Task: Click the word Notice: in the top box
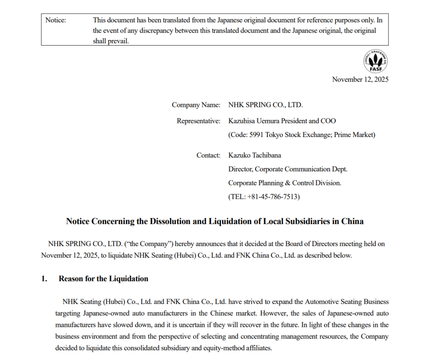tap(56, 20)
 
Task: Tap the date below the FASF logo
tap(360, 80)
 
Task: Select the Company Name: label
tap(196, 105)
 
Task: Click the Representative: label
tap(198, 121)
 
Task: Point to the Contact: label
tap(208, 155)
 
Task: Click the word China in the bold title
tap(352, 221)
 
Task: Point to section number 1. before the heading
tap(44, 279)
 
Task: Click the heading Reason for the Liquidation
tap(103, 279)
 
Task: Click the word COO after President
tap(328, 121)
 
